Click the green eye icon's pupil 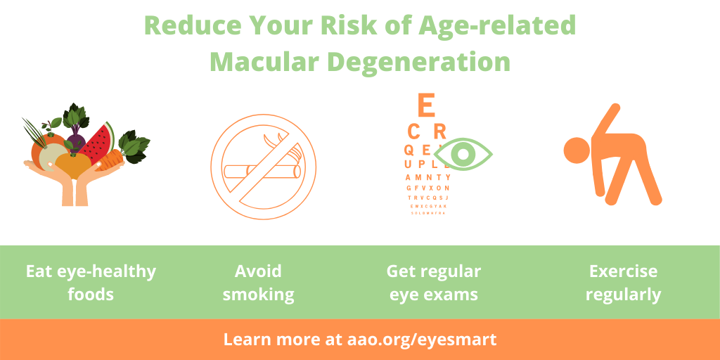tap(463, 153)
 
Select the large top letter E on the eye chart tap(425, 105)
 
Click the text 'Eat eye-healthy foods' tap(91, 282)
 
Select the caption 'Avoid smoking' tap(259, 282)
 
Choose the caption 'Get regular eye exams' tap(434, 282)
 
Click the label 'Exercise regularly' tap(623, 282)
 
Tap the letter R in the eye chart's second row tap(440, 131)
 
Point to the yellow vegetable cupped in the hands tap(73, 167)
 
